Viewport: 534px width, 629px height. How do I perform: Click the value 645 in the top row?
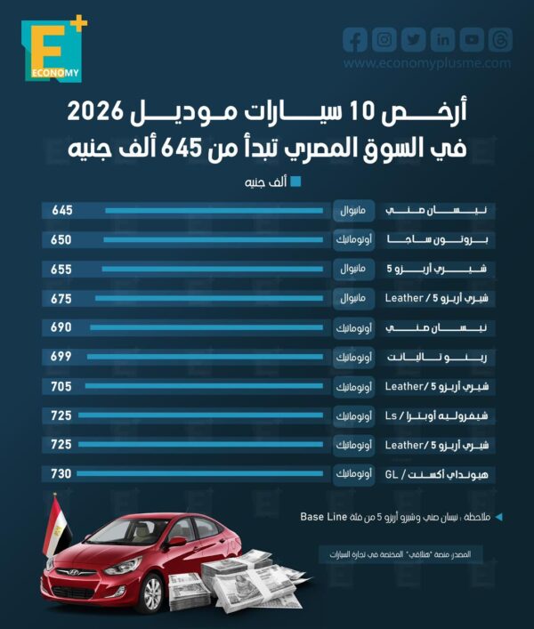tap(61, 211)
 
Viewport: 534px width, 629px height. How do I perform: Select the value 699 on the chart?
tap(61, 357)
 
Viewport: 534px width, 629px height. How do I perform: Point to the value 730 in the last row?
tap(61, 474)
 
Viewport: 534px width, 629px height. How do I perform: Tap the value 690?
tap(61, 327)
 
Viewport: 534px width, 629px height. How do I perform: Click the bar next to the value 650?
tap(213, 240)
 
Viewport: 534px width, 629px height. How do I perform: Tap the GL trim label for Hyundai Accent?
tap(393, 474)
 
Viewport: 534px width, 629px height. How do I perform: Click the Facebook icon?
tap(355, 39)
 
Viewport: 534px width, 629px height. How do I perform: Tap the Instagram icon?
tap(384, 39)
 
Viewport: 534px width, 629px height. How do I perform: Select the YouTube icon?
tap(472, 39)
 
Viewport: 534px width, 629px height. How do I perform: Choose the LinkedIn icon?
tap(442, 39)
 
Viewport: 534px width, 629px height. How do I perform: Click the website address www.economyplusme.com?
tap(427, 64)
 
